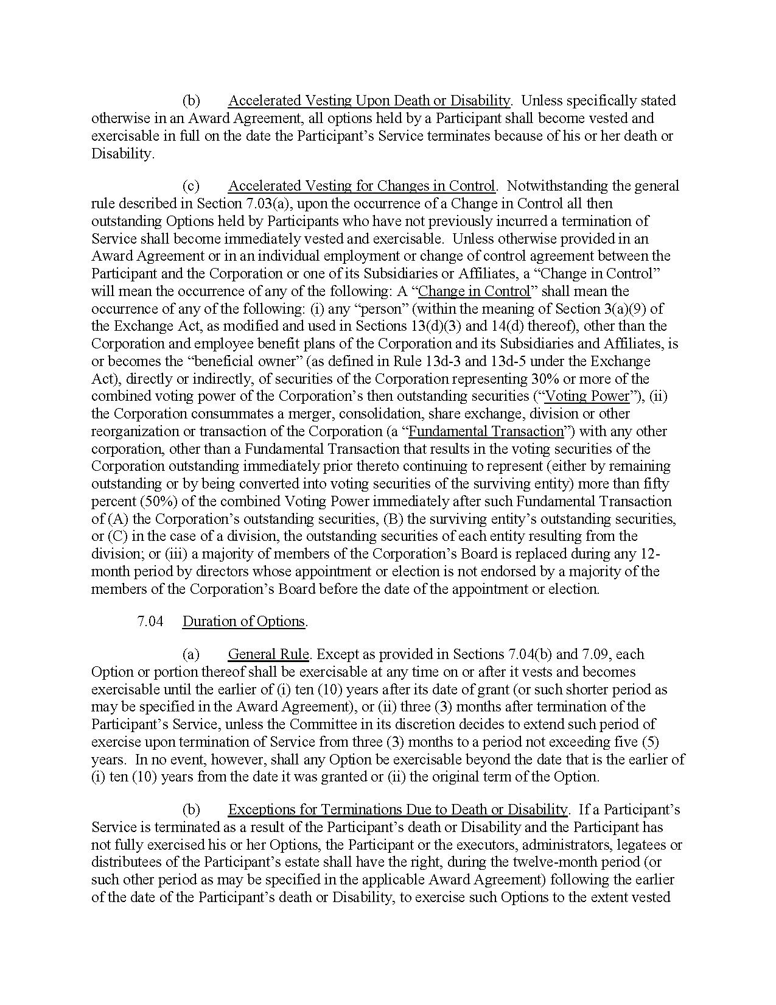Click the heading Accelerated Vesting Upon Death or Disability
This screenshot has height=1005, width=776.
point(369,100)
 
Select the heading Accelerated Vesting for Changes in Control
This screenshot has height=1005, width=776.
point(362,186)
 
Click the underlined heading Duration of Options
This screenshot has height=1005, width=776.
point(243,621)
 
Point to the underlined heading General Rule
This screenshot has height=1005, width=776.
point(268,654)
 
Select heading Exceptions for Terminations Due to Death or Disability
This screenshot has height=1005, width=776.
point(397,809)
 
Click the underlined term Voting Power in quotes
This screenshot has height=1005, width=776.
point(587,397)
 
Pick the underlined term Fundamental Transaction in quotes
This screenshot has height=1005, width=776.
point(486,432)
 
